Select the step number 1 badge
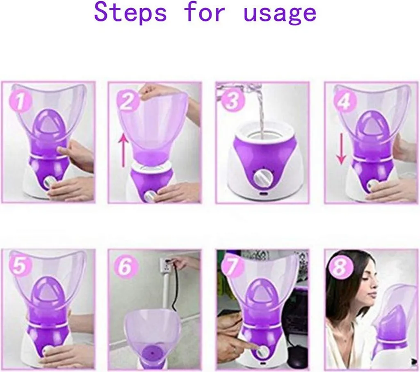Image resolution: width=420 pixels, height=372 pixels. tap(20, 102)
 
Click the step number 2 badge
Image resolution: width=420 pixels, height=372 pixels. tap(127, 102)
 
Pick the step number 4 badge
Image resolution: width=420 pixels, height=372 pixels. tap(345, 102)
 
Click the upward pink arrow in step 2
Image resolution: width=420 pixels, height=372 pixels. tap(123, 151)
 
